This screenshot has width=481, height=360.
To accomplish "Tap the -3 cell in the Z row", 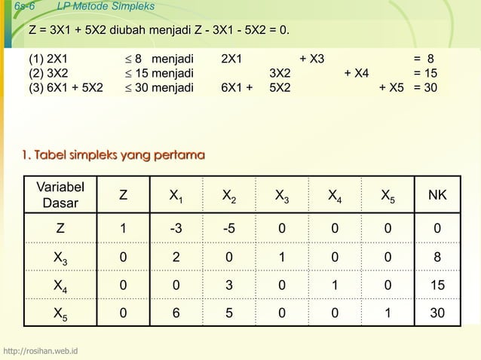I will [175, 228].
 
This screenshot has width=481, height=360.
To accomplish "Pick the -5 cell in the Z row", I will [228, 228].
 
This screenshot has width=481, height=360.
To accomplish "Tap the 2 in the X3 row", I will [175, 257].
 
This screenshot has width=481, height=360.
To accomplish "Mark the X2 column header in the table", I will [228, 197].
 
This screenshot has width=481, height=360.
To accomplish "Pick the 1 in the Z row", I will [124, 228].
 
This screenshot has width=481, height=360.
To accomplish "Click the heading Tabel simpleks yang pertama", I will [113, 156].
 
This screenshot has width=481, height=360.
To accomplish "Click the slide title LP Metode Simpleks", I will [106, 7].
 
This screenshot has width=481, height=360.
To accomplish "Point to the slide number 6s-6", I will [15, 7].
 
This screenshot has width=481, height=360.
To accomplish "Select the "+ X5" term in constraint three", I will [391, 87].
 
